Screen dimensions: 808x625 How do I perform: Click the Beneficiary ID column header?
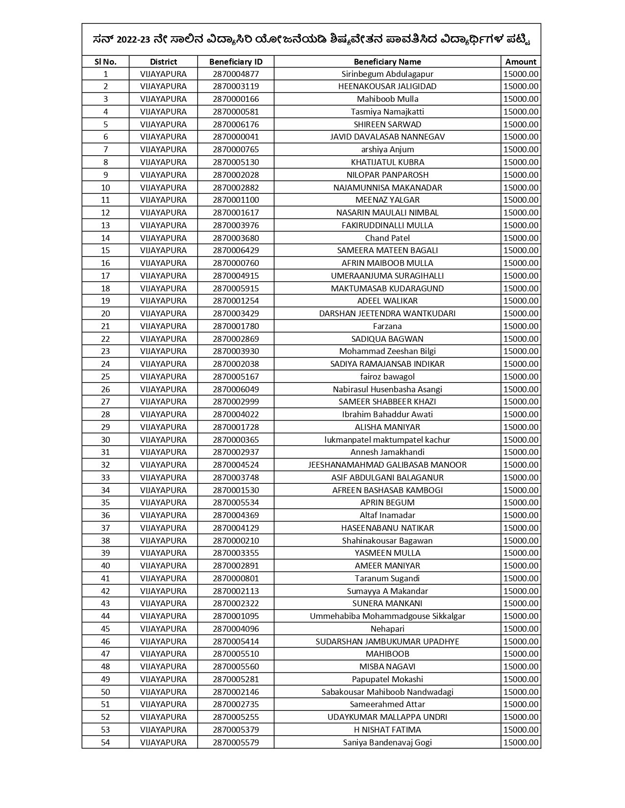pyautogui.click(x=236, y=62)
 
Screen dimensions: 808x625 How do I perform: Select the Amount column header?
pyautogui.click(x=521, y=62)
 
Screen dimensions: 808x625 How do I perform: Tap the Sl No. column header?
pyautogui.click(x=105, y=62)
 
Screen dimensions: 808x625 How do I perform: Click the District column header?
pyautogui.click(x=163, y=62)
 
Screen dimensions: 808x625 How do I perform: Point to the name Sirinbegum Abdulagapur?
pyautogui.click(x=387, y=74)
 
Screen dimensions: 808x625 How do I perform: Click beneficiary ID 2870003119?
pyautogui.click(x=236, y=86)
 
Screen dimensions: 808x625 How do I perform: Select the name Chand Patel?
pyautogui.click(x=387, y=238)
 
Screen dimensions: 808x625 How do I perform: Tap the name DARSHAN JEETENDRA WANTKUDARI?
pyautogui.click(x=387, y=313)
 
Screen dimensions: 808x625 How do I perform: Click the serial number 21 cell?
pyautogui.click(x=105, y=326)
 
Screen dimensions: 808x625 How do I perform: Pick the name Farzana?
pyautogui.click(x=387, y=326)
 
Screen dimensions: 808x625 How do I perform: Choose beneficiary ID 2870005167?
pyautogui.click(x=236, y=377)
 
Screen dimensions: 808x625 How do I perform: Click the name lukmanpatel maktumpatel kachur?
pyautogui.click(x=387, y=440)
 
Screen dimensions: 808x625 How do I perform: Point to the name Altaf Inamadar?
pyautogui.click(x=387, y=515)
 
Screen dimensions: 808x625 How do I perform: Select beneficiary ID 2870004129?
pyautogui.click(x=236, y=528)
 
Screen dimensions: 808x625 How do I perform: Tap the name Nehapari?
pyautogui.click(x=387, y=629)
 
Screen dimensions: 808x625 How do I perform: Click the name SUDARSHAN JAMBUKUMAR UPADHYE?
pyautogui.click(x=387, y=642)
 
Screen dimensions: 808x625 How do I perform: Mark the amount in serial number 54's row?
pyautogui.click(x=521, y=742)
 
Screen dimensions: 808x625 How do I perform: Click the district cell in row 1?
pyautogui.click(x=163, y=74)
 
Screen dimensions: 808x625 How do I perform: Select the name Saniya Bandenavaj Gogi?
pyautogui.click(x=387, y=742)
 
